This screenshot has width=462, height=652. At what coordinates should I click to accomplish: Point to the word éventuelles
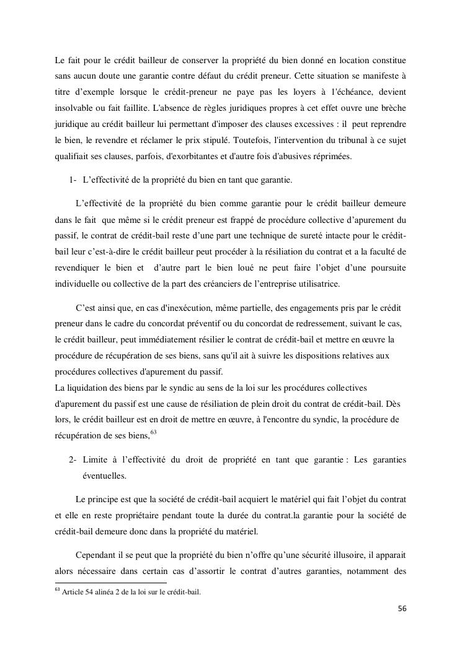coord(104,476)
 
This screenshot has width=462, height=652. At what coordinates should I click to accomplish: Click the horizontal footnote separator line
coord(111,583)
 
